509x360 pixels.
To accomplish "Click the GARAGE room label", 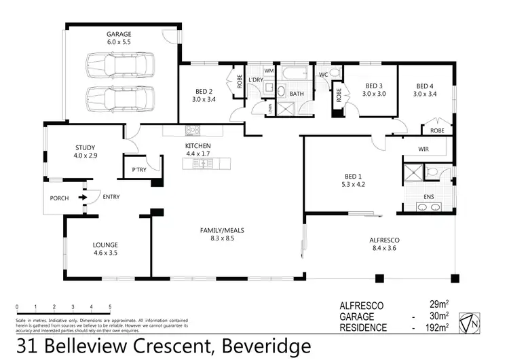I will pos(118,33).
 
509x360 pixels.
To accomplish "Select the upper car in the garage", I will pos(119,66).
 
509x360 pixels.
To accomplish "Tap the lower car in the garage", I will pos(119,98).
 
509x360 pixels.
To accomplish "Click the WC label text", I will pos(324,74).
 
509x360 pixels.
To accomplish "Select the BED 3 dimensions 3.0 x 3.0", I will pos(374,94).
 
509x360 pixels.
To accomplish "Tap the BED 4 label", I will pos(425,86).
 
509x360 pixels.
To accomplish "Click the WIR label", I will pos(424,149).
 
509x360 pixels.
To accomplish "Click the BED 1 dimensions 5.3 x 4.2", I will pos(354,183).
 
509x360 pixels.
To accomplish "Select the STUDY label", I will pos(86,147).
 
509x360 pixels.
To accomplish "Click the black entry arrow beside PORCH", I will pos(83,198).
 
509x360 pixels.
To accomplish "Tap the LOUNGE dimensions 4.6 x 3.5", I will pos(106,253).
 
